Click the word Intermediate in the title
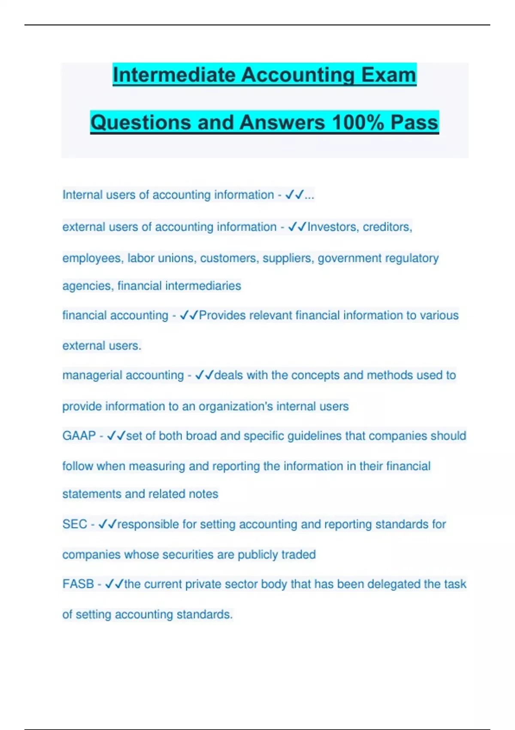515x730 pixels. pyautogui.click(x=174, y=75)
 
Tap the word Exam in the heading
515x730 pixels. pyautogui.click(x=388, y=75)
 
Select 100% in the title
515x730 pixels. pyautogui.click(x=358, y=122)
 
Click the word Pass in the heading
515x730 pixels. pyautogui.click(x=414, y=122)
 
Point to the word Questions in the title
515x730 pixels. pyautogui.click(x=141, y=122)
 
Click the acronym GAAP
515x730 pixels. pyautogui.click(x=79, y=436)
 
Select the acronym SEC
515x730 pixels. pyautogui.click(x=75, y=524)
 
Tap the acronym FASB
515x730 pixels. pyautogui.click(x=78, y=584)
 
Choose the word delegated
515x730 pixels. pyautogui.click(x=394, y=584)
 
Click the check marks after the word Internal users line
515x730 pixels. pyautogui.click(x=294, y=195)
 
